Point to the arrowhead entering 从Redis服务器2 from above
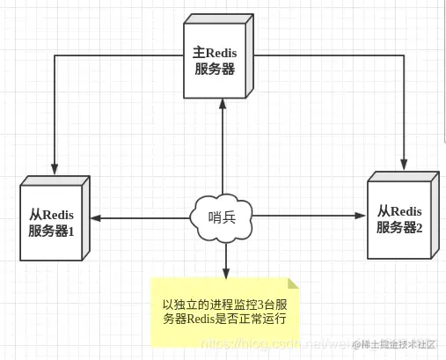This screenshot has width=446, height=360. pyautogui.click(x=405, y=164)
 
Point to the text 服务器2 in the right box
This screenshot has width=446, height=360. pyautogui.click(x=399, y=227)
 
